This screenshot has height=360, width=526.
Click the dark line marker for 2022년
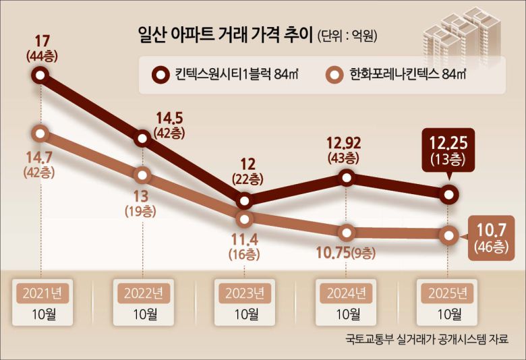(142, 139)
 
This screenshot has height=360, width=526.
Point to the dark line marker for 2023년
(245, 200)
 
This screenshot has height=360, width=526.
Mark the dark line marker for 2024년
(347, 177)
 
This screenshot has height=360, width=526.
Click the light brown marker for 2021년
(41, 133)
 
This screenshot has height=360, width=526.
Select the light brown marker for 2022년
(142, 175)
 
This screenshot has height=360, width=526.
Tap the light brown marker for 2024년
(347, 233)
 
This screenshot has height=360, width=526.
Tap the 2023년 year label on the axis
(245, 293)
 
